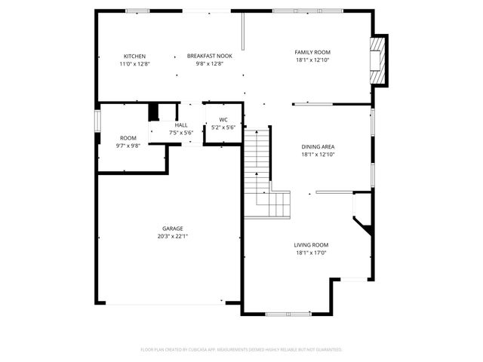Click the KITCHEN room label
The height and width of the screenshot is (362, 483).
pos(134,57)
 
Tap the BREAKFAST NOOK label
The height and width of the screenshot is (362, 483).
pos(204,57)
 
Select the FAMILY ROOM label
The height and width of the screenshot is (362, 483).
pos(312,52)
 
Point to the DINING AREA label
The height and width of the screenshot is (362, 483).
pos(317,147)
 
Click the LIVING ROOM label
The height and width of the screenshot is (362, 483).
pos(311,245)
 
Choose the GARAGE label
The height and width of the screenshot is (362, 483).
pos(172,229)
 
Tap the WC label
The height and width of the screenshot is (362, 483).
pos(223,120)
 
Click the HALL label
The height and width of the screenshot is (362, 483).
pos(181,125)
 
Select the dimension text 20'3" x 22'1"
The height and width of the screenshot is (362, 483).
pos(172,236)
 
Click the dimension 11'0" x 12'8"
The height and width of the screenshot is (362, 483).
pos(134,64)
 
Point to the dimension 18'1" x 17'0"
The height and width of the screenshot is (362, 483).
pos(311,253)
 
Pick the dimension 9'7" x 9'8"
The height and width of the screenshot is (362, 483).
pos(128,146)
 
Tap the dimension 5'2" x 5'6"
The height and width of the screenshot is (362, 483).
pos(223,127)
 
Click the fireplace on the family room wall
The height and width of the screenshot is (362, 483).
pos(377,60)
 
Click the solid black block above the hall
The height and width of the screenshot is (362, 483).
pos(154,112)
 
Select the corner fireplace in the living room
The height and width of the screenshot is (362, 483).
pos(363,223)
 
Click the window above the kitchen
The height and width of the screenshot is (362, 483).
pos(137,11)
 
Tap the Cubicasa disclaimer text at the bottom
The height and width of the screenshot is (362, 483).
pos(241,350)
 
